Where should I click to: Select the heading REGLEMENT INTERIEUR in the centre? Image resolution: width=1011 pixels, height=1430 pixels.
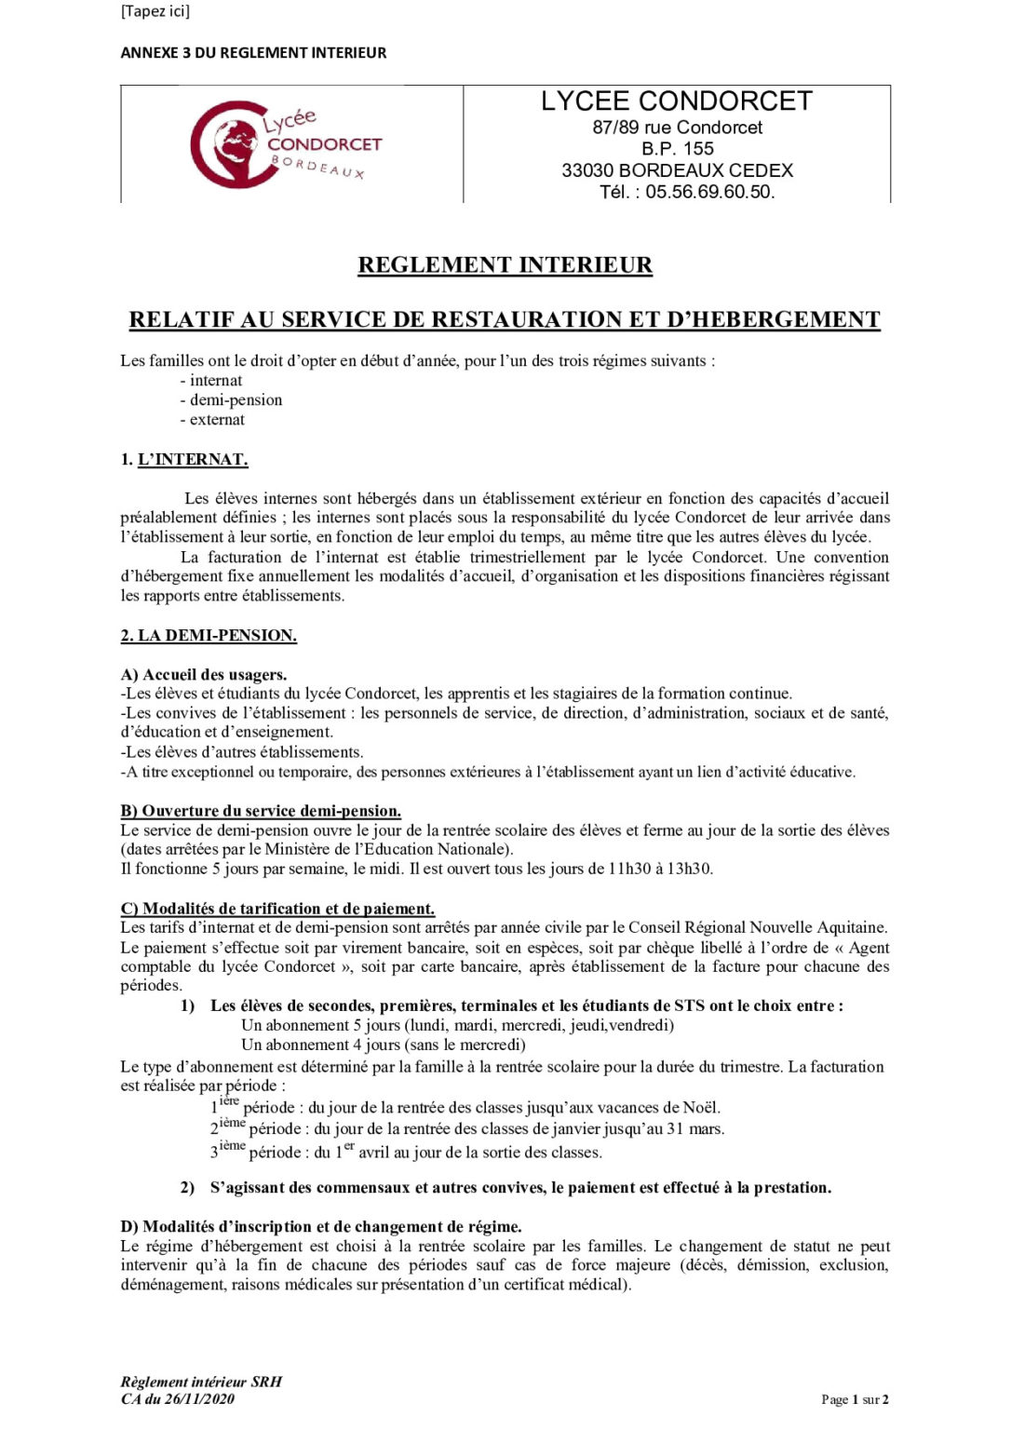click(x=505, y=265)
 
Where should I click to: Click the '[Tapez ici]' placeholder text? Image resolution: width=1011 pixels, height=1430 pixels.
click(x=155, y=11)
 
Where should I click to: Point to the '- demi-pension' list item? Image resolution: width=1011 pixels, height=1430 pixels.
click(x=231, y=400)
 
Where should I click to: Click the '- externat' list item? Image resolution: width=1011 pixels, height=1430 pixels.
click(x=212, y=420)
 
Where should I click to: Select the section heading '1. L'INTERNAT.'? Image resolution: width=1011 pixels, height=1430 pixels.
click(x=184, y=460)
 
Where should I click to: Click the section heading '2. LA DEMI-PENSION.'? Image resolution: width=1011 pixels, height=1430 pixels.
click(x=209, y=636)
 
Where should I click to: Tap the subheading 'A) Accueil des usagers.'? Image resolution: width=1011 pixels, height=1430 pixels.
click(x=204, y=675)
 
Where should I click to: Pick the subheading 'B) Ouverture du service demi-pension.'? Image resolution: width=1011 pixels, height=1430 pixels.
click(x=261, y=811)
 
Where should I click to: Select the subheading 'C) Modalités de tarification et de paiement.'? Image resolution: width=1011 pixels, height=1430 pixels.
click(x=277, y=909)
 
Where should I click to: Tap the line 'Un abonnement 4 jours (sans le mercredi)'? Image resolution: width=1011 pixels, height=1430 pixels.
click(x=383, y=1045)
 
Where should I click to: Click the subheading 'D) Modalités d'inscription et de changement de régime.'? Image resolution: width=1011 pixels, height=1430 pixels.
click(x=321, y=1227)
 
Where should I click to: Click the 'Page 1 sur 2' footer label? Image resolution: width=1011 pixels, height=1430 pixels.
click(x=855, y=1399)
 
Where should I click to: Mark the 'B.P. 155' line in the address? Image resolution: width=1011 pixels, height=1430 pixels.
click(x=677, y=149)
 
